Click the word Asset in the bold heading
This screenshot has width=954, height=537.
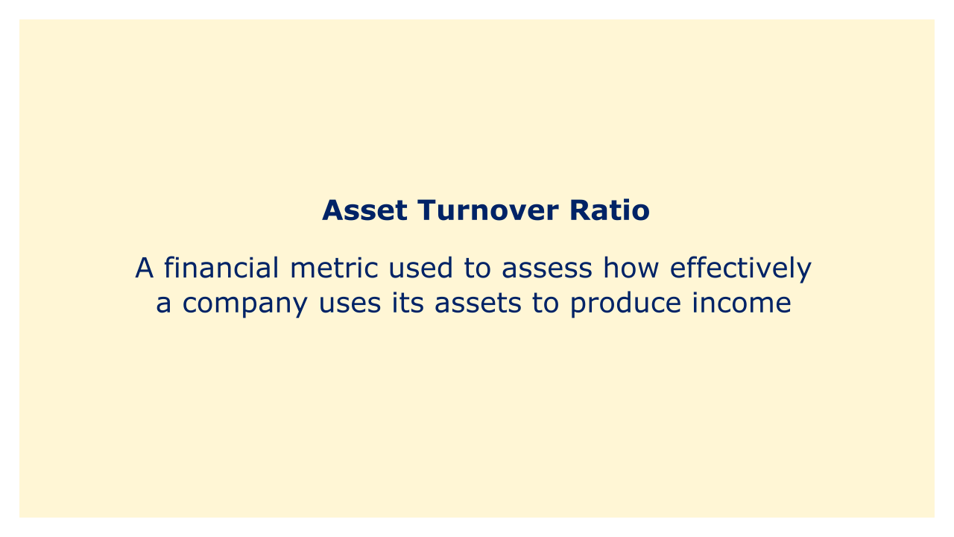pyautogui.click(x=364, y=210)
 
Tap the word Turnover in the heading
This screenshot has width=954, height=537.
pyautogui.click(x=488, y=210)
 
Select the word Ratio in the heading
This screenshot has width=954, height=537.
pyautogui.click(x=610, y=210)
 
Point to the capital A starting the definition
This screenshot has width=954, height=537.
pyautogui.click(x=144, y=268)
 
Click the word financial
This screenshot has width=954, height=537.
pyautogui.click(x=221, y=268)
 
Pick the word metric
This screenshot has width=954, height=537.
pyautogui.click(x=334, y=268)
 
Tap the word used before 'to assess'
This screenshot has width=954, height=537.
pyautogui.click(x=421, y=268)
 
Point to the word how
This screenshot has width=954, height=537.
pyautogui.click(x=631, y=268)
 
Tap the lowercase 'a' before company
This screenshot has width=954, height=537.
pyautogui.click(x=163, y=304)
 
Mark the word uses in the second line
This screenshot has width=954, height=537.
pyautogui.click(x=350, y=304)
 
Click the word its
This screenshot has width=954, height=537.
pyautogui.click(x=408, y=303)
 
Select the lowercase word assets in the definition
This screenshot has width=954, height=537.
pyautogui.click(x=478, y=304)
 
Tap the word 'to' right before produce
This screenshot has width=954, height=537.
pyautogui.click(x=546, y=304)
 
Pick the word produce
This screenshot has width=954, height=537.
pyautogui.click(x=625, y=305)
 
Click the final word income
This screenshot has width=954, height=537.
pyautogui.click(x=742, y=303)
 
